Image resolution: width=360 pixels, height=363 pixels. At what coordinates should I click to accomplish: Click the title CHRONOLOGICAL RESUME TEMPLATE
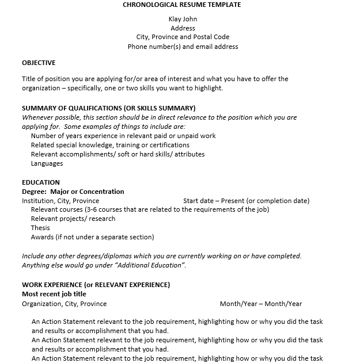pos(182,5)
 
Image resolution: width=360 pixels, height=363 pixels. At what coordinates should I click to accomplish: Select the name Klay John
pos(183,19)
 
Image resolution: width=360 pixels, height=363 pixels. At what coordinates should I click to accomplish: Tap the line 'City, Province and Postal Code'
pos(183,37)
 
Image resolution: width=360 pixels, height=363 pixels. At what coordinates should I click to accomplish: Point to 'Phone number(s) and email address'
pos(183,47)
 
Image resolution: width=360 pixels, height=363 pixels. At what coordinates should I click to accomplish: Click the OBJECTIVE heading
pos(39,63)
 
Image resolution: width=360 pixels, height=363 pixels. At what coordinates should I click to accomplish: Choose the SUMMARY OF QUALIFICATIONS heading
pos(108,108)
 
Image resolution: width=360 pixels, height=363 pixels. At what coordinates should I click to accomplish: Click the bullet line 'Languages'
pos(47,163)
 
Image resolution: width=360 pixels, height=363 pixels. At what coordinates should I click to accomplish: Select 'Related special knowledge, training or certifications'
pos(110,145)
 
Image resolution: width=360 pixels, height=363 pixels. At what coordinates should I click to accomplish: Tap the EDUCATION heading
pos(40,182)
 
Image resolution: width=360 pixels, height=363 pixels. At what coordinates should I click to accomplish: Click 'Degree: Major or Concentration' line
pos(73,192)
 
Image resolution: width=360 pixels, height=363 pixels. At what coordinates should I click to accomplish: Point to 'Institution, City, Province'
pos(60,201)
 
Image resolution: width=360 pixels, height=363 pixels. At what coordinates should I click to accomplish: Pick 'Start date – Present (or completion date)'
pos(246,201)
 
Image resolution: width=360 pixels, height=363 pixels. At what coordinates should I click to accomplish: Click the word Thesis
pos(40,228)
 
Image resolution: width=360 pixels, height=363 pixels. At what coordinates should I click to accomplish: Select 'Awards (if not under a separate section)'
pos(92,237)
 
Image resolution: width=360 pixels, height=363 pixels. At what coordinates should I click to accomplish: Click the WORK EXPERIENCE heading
pos(96,284)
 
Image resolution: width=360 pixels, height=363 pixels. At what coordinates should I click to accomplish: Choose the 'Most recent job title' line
pos(54,294)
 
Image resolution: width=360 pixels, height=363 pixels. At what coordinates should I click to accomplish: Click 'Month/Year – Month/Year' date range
pos(260,304)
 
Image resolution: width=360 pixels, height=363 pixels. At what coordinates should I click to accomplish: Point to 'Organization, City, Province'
pos(64,304)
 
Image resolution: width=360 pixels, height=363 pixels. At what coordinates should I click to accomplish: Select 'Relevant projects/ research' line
pos(73,219)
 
